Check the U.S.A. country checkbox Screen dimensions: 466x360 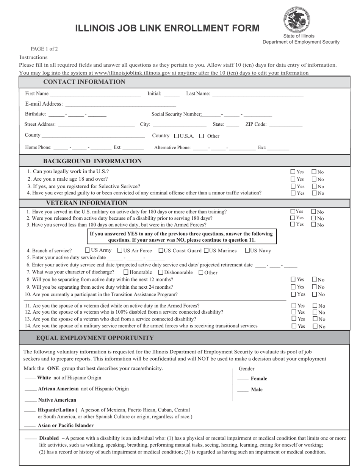pyautogui.click(x=176, y=136)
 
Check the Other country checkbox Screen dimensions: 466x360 pyautogui.click(x=202, y=136)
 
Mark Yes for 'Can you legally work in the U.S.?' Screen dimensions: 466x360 pyautogui.click(x=293, y=172)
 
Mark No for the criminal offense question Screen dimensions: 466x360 pyautogui.click(x=314, y=193)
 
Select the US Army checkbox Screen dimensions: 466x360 pyautogui.click(x=88, y=250)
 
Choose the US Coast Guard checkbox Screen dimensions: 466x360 pyautogui.click(x=161, y=250)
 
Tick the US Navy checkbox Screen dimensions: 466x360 pyautogui.click(x=247, y=250)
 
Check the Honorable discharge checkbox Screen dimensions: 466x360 pyautogui.click(x=126, y=272)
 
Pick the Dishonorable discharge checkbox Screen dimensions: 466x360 pyautogui.click(x=161, y=272)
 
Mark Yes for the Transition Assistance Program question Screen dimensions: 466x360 pyautogui.click(x=293, y=294)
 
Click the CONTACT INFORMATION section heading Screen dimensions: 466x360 pyautogui.click(x=84, y=82)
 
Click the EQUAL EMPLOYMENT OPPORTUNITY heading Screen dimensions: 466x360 pyautogui.click(x=95, y=338)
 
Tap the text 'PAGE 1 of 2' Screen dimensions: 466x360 pyautogui.click(x=44, y=49)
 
